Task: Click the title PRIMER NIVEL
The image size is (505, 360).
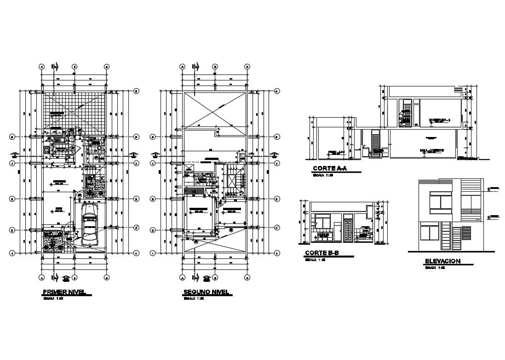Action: point(66,292)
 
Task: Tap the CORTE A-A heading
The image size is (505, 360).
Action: point(329,169)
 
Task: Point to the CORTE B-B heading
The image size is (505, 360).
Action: point(321,253)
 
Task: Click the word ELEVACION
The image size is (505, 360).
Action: point(443,261)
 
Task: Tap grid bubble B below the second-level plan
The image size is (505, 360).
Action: point(215,278)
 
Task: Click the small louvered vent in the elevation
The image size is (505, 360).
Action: point(465,232)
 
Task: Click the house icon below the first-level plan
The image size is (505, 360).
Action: point(66,278)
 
